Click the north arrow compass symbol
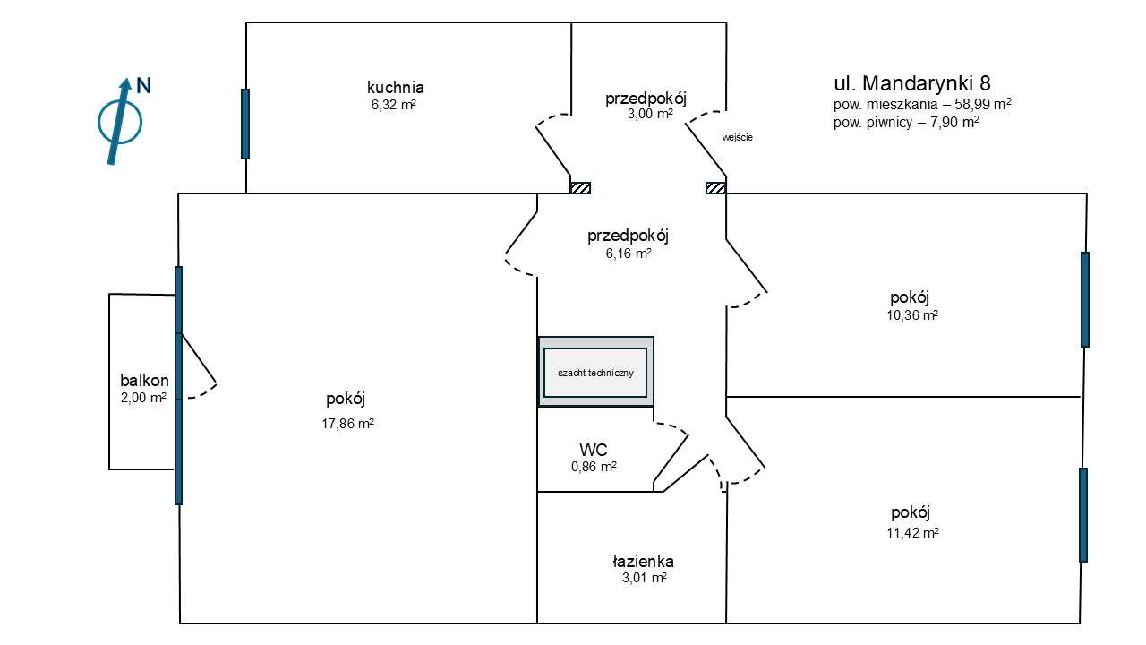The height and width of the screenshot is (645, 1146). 120,123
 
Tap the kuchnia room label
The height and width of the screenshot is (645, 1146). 396,88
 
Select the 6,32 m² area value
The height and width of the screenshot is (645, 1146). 393,105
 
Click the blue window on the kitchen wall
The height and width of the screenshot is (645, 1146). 245,124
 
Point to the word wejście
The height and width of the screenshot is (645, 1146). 737,138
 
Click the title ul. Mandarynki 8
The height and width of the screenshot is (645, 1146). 912,83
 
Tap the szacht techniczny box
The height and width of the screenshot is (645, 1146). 595,372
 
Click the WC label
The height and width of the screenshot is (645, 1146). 594,450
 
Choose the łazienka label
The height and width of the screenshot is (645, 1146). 643,562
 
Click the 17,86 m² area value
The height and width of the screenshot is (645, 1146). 348,424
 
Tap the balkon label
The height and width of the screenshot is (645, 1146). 144,381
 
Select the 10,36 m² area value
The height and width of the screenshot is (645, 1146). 912,315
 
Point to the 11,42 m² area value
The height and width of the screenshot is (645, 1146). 912,533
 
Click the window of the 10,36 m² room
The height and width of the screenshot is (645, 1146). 1085,299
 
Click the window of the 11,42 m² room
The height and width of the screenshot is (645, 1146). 1083,515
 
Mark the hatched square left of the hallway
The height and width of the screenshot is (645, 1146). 581,188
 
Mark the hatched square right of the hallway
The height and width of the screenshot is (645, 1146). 715,188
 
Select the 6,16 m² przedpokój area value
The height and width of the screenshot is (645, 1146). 629,254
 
